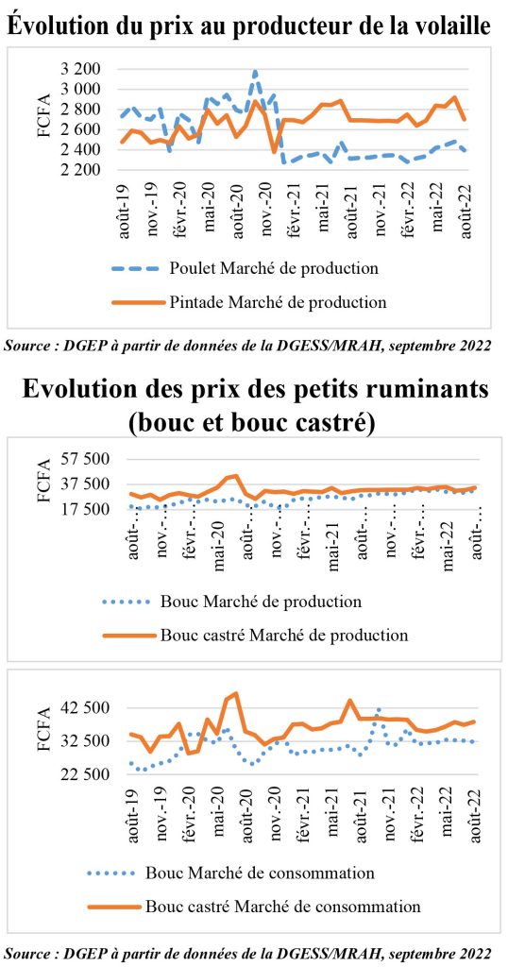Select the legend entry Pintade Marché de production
(249, 301)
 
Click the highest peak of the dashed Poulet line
(255, 71)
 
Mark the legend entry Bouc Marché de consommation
(231, 873)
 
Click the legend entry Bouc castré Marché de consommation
(254, 907)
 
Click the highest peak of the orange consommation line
(236, 693)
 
